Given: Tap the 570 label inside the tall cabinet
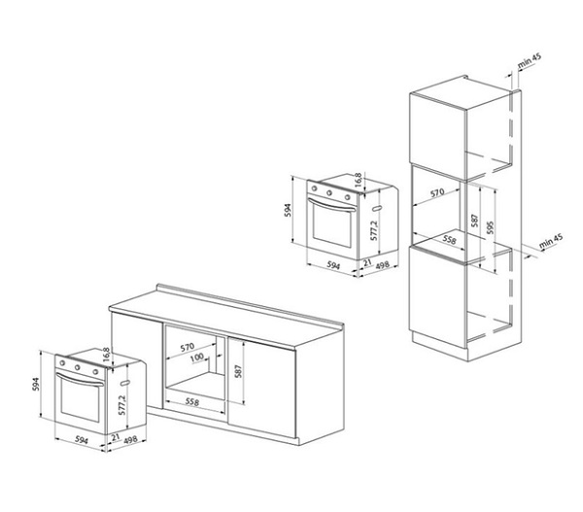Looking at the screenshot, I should click(x=437, y=193).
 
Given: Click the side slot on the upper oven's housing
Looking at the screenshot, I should click(x=377, y=209).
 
